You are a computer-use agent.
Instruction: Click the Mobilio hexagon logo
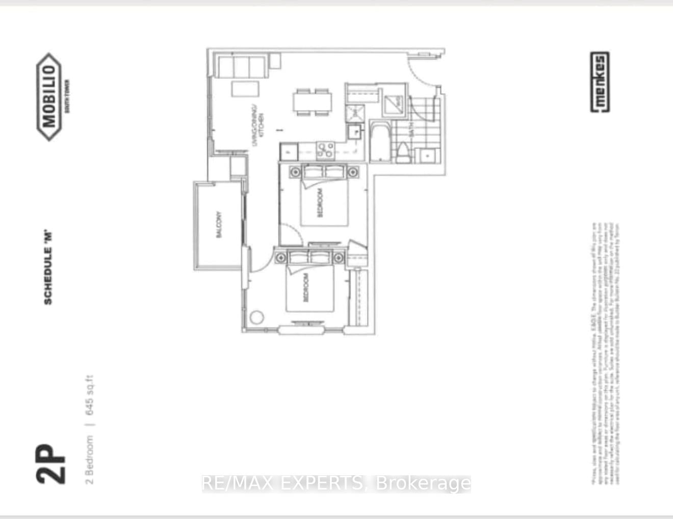[x=49, y=97]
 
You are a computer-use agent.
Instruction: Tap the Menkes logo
[x=600, y=83]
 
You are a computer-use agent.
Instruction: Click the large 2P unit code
[x=51, y=463]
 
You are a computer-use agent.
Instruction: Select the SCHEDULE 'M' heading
[x=48, y=268]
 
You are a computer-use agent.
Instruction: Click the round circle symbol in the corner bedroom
[x=257, y=317]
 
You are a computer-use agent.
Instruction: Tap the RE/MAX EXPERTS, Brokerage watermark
[x=336, y=483]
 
